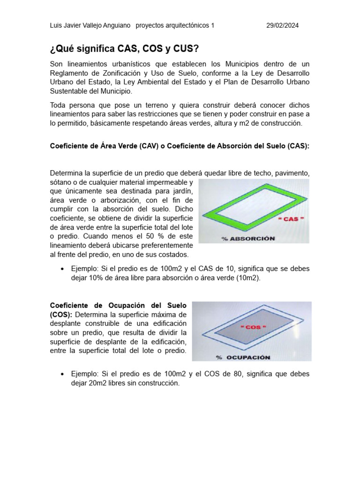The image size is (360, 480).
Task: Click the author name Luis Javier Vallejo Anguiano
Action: pyautogui.click(x=90, y=26)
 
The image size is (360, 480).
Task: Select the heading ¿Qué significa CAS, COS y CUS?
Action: pyautogui.click(x=125, y=49)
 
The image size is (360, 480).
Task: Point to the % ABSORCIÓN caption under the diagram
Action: pyautogui.click(x=248, y=238)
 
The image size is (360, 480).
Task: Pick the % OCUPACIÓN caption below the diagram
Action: pyautogui.click(x=243, y=357)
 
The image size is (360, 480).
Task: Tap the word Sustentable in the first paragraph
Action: pyautogui.click(x=69, y=91)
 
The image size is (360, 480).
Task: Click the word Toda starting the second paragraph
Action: pyautogui.click(x=59, y=105)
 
